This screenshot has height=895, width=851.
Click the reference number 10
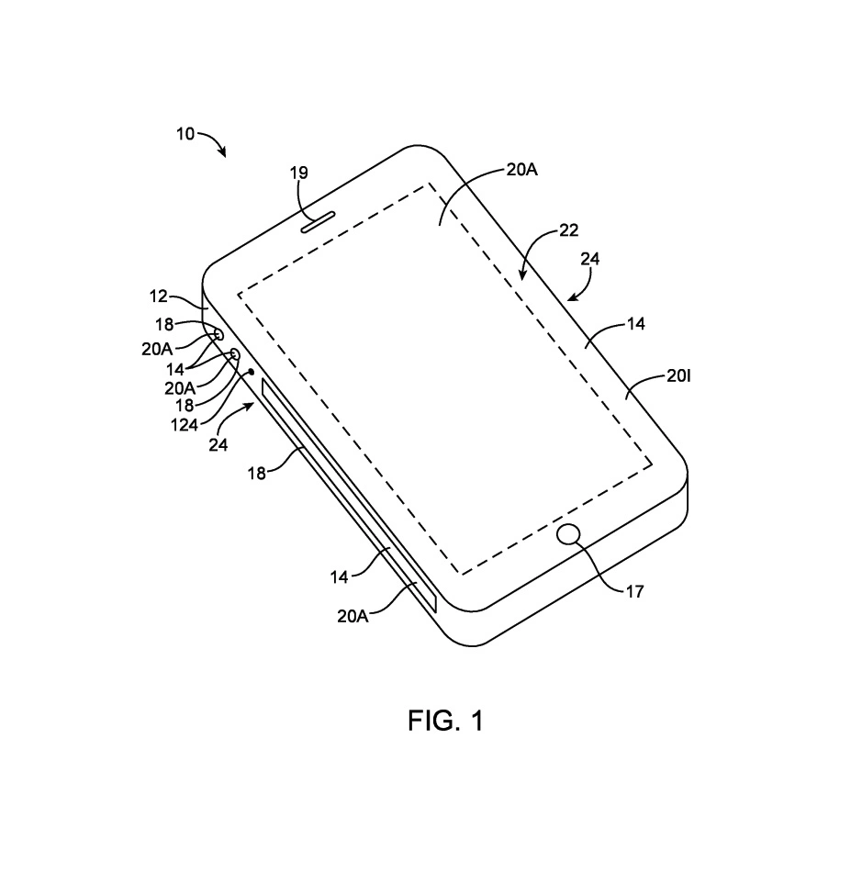pos(185,134)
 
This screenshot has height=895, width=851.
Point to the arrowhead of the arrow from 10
pos(222,151)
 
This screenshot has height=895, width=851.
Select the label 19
pos(299,173)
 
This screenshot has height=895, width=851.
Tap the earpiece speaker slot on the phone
pos(318,222)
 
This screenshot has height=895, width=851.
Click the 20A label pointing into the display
pos(521,170)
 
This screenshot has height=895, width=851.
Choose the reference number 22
pos(568,230)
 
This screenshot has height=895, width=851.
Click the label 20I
pos(678,376)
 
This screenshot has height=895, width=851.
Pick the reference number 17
pos(634,592)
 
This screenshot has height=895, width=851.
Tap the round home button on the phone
pos(568,534)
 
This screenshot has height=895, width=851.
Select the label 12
pos(159,296)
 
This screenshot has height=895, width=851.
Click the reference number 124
pos(185,425)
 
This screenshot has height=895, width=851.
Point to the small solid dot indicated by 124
pos(251,372)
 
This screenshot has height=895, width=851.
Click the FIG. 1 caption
pos(446,721)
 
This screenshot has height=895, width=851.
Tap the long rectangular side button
pos(348,494)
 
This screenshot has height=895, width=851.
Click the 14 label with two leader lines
pos(175,369)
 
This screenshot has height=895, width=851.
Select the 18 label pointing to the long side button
pos(257,473)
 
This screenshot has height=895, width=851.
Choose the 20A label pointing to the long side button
pos(353,617)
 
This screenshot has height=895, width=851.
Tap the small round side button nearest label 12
pos(218,334)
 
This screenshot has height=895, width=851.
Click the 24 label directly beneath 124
pos(218,445)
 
